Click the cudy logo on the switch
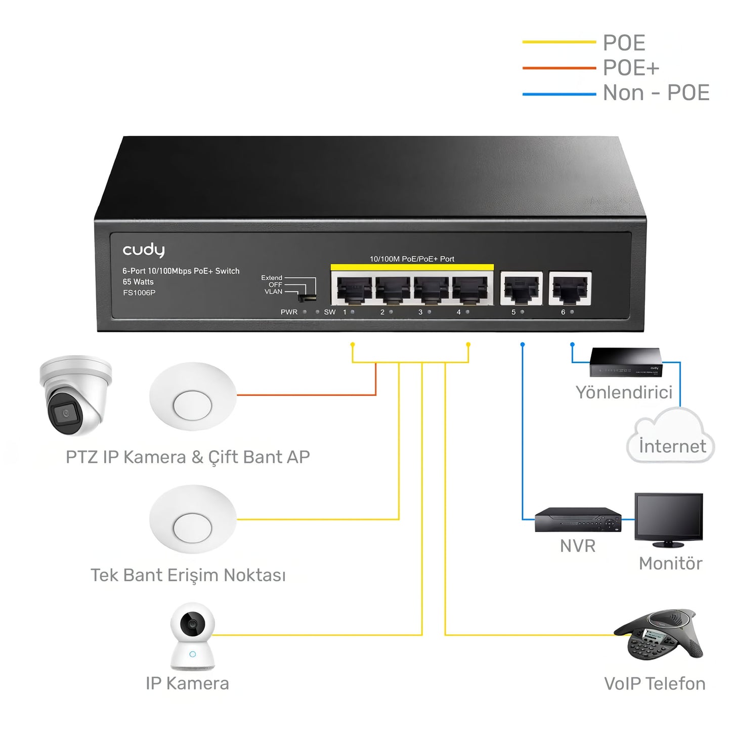144,250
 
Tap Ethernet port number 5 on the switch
521,289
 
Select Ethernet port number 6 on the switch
570,289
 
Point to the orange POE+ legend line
559,68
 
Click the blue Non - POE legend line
559,94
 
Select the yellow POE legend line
559,42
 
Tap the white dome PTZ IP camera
75,395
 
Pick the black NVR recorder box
578,520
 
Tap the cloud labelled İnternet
671,438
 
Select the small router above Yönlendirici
626,362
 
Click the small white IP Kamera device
192,636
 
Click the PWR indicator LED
305,312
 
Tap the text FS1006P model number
139,293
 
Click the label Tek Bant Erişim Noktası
188,575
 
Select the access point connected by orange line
192,397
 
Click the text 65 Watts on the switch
138,282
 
